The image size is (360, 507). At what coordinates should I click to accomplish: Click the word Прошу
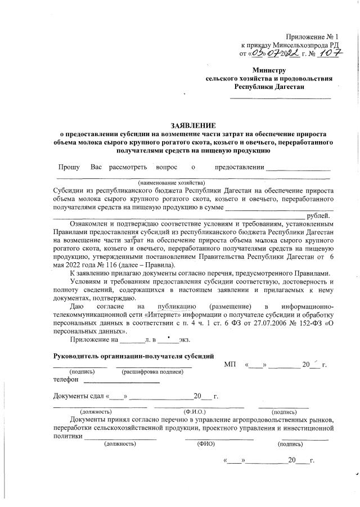(69, 167)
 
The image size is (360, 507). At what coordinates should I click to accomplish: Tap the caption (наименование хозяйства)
(172, 183)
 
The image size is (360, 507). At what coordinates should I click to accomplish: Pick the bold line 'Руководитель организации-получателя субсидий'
(133, 356)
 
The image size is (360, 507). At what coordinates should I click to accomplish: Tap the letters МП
(230, 365)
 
